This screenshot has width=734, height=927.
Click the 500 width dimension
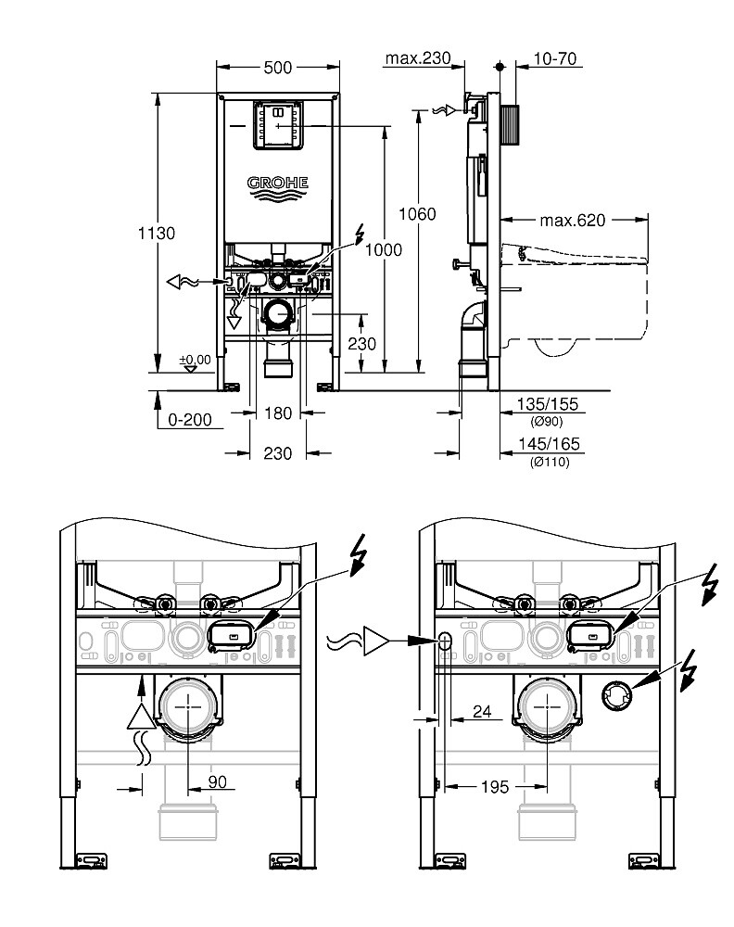277,67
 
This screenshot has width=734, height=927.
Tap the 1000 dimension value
384,249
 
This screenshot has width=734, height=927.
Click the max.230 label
417,58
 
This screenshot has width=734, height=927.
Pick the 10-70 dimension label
555,58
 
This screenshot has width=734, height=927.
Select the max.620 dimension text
572,221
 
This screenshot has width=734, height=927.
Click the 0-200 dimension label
189,420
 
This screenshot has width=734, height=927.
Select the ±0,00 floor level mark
196,359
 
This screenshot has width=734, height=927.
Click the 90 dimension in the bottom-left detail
217,782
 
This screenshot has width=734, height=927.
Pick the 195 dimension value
495,786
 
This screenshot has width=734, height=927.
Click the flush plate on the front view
276,125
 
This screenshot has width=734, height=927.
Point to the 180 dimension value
277,413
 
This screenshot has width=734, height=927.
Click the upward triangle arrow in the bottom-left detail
139,717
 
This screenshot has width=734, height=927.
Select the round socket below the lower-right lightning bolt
615,693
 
